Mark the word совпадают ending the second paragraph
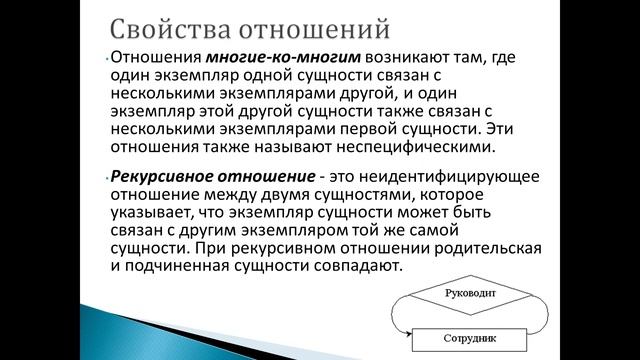(361, 267)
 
